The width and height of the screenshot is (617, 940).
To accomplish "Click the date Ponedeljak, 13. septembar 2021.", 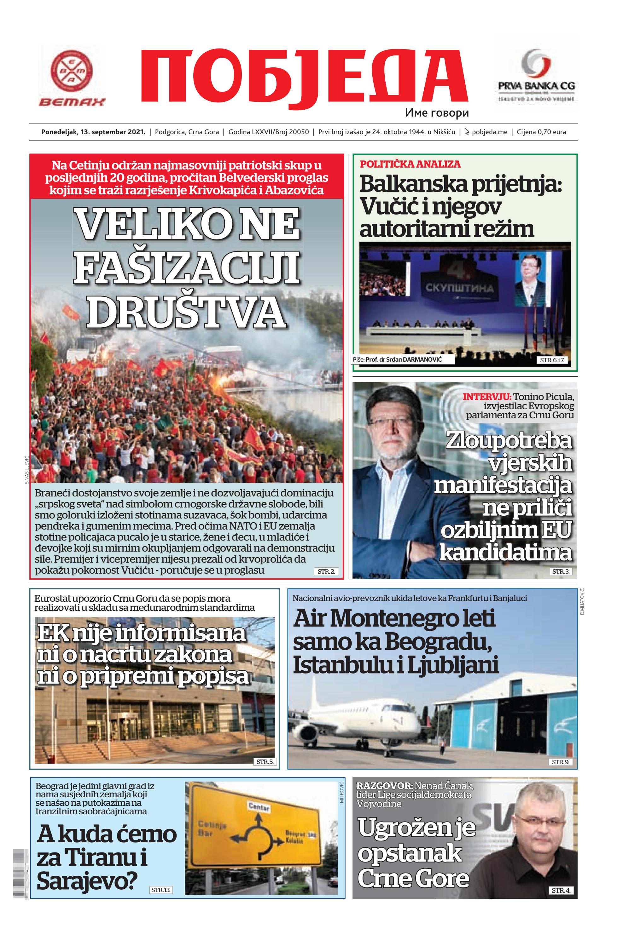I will [93, 132].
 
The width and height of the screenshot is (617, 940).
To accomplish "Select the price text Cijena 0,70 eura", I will [541, 132].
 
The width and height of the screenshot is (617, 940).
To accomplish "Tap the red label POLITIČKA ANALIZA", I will [410, 164].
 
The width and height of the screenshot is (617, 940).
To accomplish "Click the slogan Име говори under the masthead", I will [437, 113].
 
